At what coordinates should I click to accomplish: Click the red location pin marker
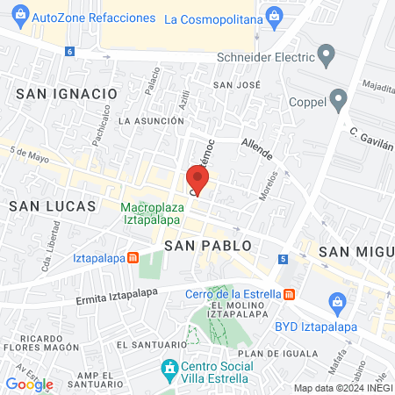[197, 179]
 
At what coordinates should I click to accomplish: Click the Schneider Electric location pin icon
[327, 59]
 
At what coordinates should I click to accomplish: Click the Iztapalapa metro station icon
[133, 258]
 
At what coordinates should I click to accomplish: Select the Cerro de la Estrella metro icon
[290, 294]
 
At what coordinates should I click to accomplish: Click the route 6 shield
[69, 51]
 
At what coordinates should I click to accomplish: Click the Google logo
[29, 384]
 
